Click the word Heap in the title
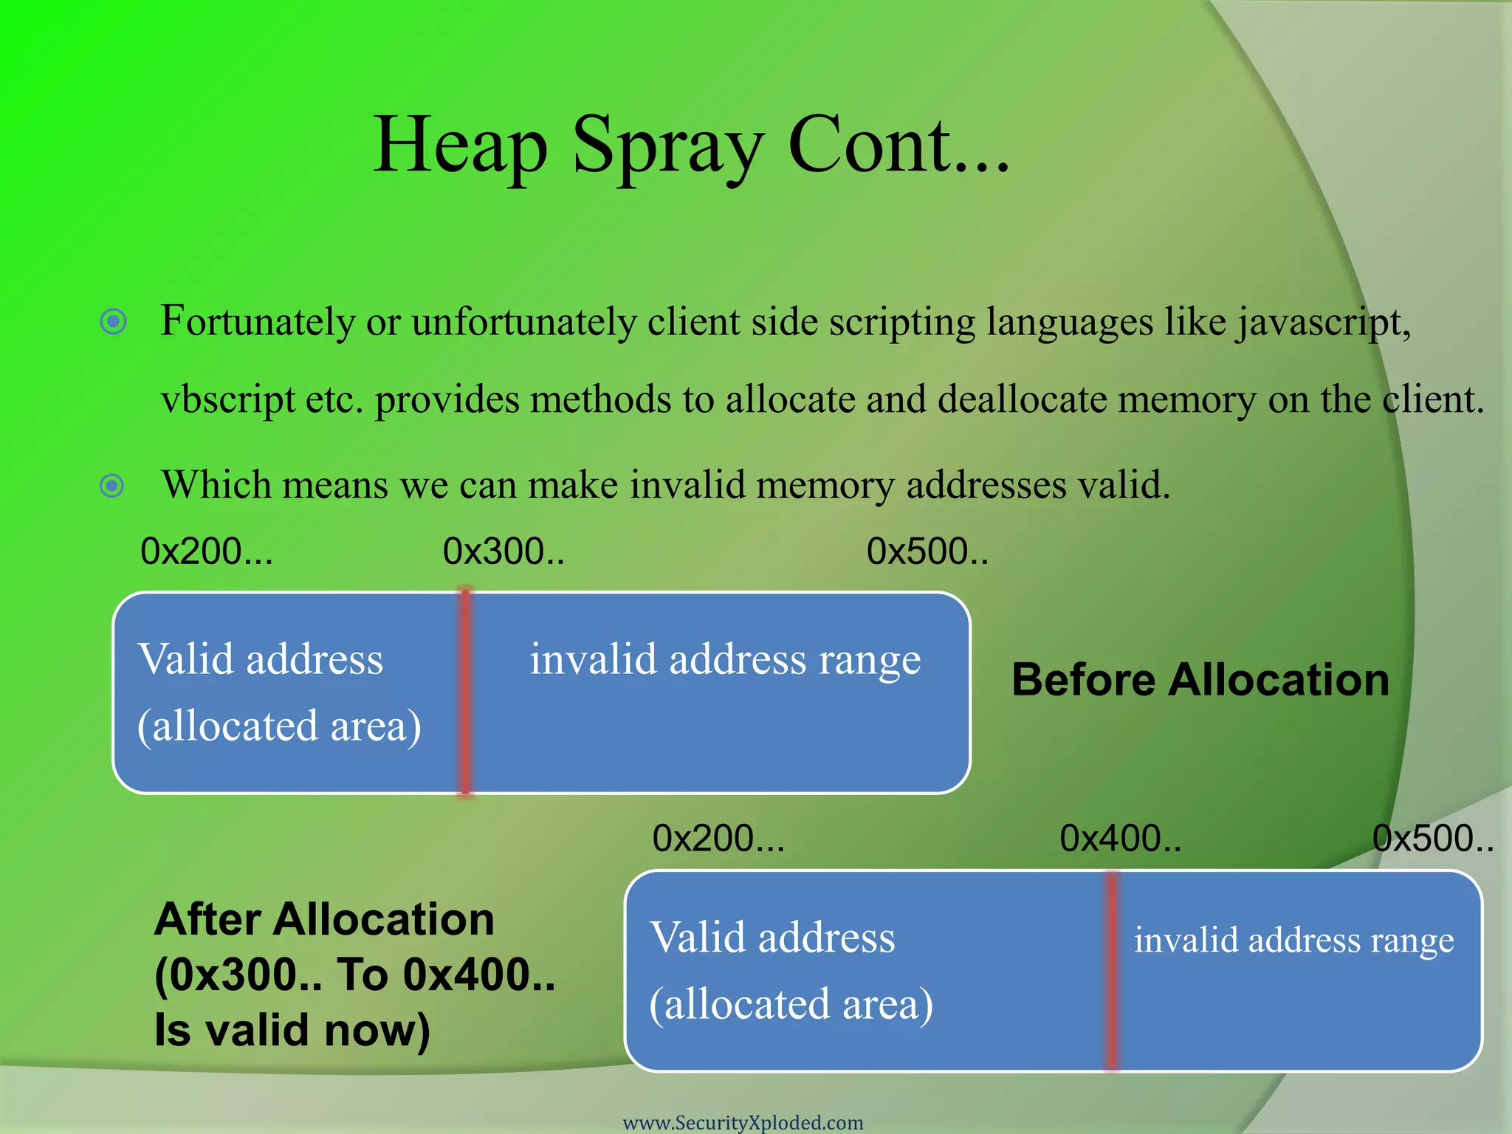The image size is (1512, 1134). click(460, 146)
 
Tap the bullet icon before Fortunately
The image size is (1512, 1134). click(113, 322)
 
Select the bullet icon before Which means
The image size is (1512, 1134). click(112, 486)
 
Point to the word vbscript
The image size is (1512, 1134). click(227, 400)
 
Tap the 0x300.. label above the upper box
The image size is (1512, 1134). click(504, 551)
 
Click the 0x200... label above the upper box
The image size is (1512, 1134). click(207, 551)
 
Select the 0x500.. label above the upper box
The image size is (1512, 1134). click(927, 551)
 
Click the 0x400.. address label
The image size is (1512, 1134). click(1120, 839)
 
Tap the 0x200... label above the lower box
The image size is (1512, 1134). click(718, 839)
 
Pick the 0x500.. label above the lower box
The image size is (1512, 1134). click(1432, 839)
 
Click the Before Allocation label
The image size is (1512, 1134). click(1200, 680)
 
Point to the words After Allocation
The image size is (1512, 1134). click(324, 920)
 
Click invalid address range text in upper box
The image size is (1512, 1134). click(725, 659)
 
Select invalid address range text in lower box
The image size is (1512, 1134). click(1293, 941)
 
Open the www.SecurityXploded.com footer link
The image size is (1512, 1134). click(743, 1122)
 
